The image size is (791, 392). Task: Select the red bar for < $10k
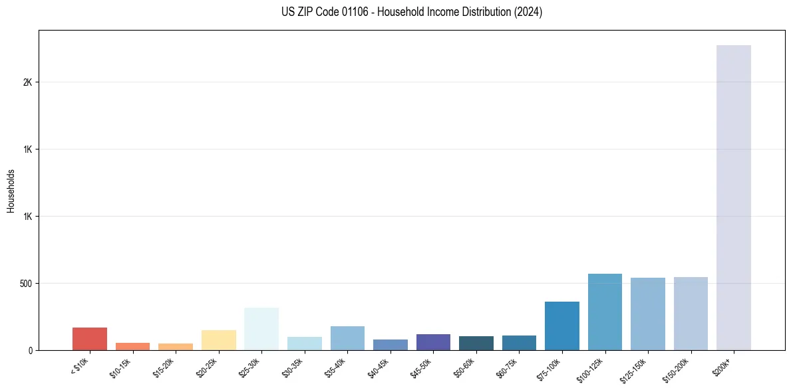tap(90, 339)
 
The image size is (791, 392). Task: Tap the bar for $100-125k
tap(605, 312)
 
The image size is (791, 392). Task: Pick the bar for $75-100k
tap(561, 326)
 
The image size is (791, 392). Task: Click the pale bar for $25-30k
tap(261, 329)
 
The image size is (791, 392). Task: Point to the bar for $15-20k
tap(176, 347)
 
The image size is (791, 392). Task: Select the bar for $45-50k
tap(433, 342)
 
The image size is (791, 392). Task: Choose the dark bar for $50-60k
tap(476, 343)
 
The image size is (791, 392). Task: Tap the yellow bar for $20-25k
tap(218, 340)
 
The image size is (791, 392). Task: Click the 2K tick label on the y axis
tap(27, 82)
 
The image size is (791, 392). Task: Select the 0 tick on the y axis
tap(30, 351)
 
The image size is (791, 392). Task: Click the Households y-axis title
tap(11, 190)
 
